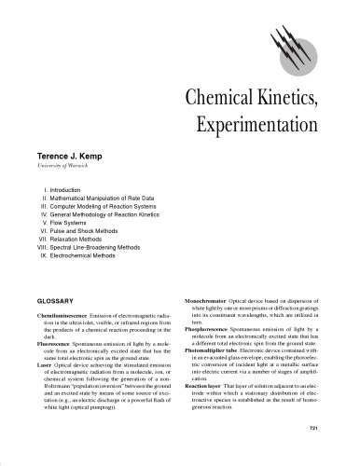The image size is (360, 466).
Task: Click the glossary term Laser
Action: (44, 374)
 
